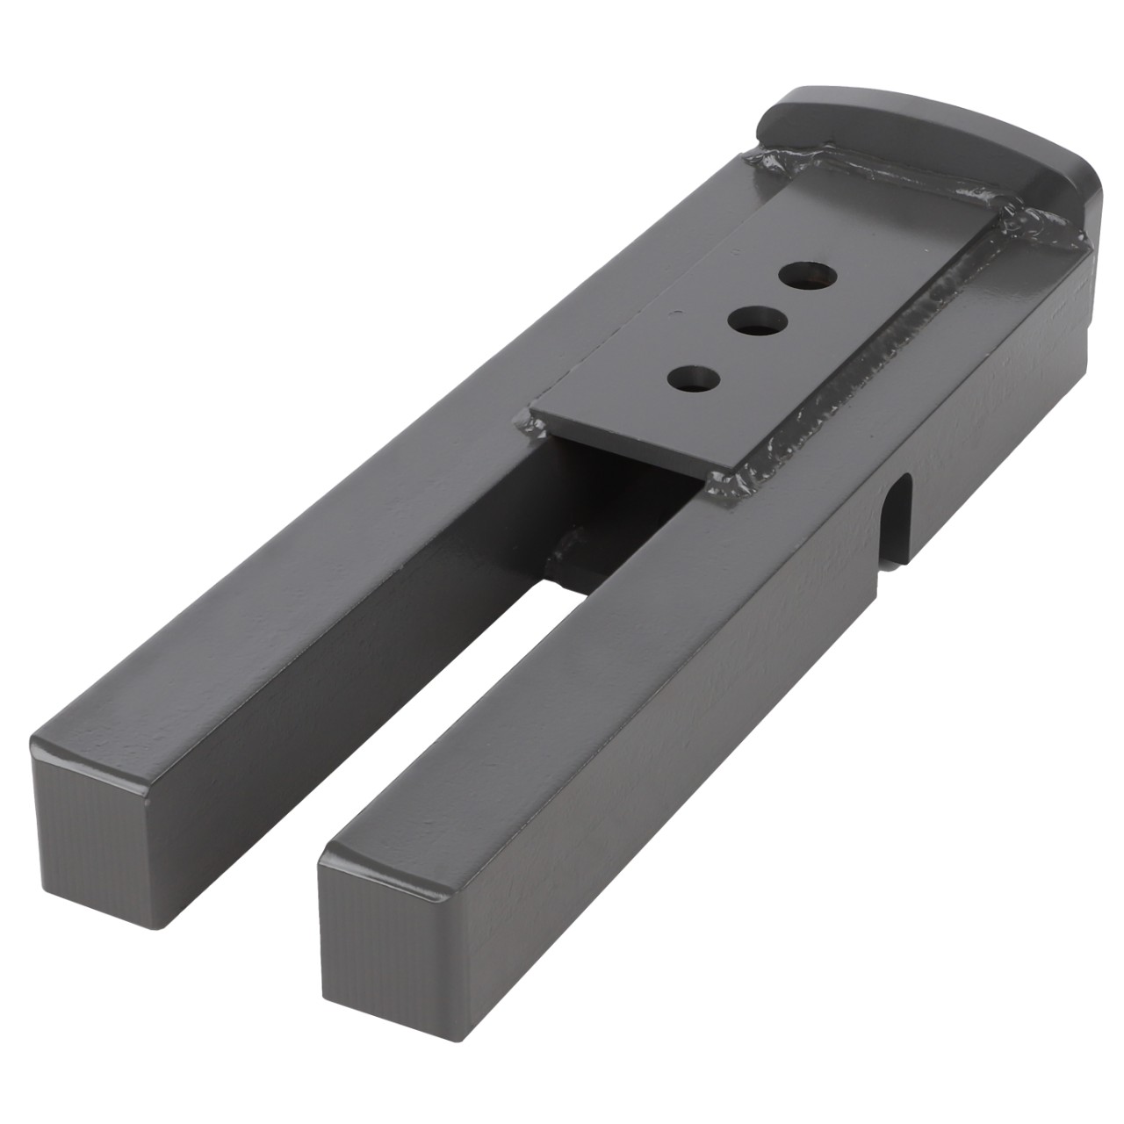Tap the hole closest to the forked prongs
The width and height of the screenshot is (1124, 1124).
[x=694, y=380]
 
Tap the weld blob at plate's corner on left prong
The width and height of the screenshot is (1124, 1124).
[x=534, y=428]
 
